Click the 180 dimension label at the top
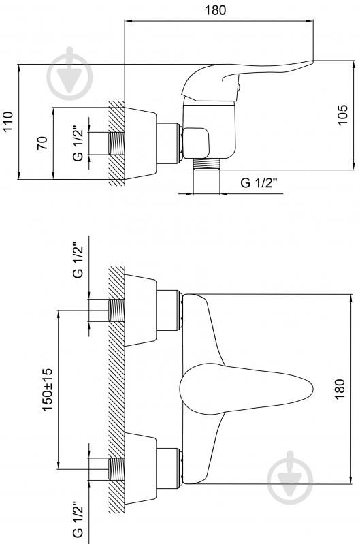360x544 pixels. (x=215, y=10)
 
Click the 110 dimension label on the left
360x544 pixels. (x=7, y=121)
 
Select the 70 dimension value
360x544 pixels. (x=42, y=143)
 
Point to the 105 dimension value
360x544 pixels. (x=342, y=115)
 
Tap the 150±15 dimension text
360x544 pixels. (x=47, y=389)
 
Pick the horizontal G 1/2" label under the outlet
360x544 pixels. (x=259, y=182)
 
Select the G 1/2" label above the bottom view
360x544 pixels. (x=78, y=260)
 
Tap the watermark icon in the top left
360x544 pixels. (x=69, y=74)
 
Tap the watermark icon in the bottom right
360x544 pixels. (x=290, y=477)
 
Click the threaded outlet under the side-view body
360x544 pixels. (x=206, y=164)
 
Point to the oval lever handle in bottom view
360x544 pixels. (x=246, y=389)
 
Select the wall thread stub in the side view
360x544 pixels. (x=117, y=144)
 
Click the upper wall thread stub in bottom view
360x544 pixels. (x=117, y=310)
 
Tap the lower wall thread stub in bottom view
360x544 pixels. (x=117, y=469)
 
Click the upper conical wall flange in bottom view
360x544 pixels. (x=140, y=310)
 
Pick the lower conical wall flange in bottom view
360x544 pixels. (x=140, y=468)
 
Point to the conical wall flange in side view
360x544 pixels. (x=140, y=143)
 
